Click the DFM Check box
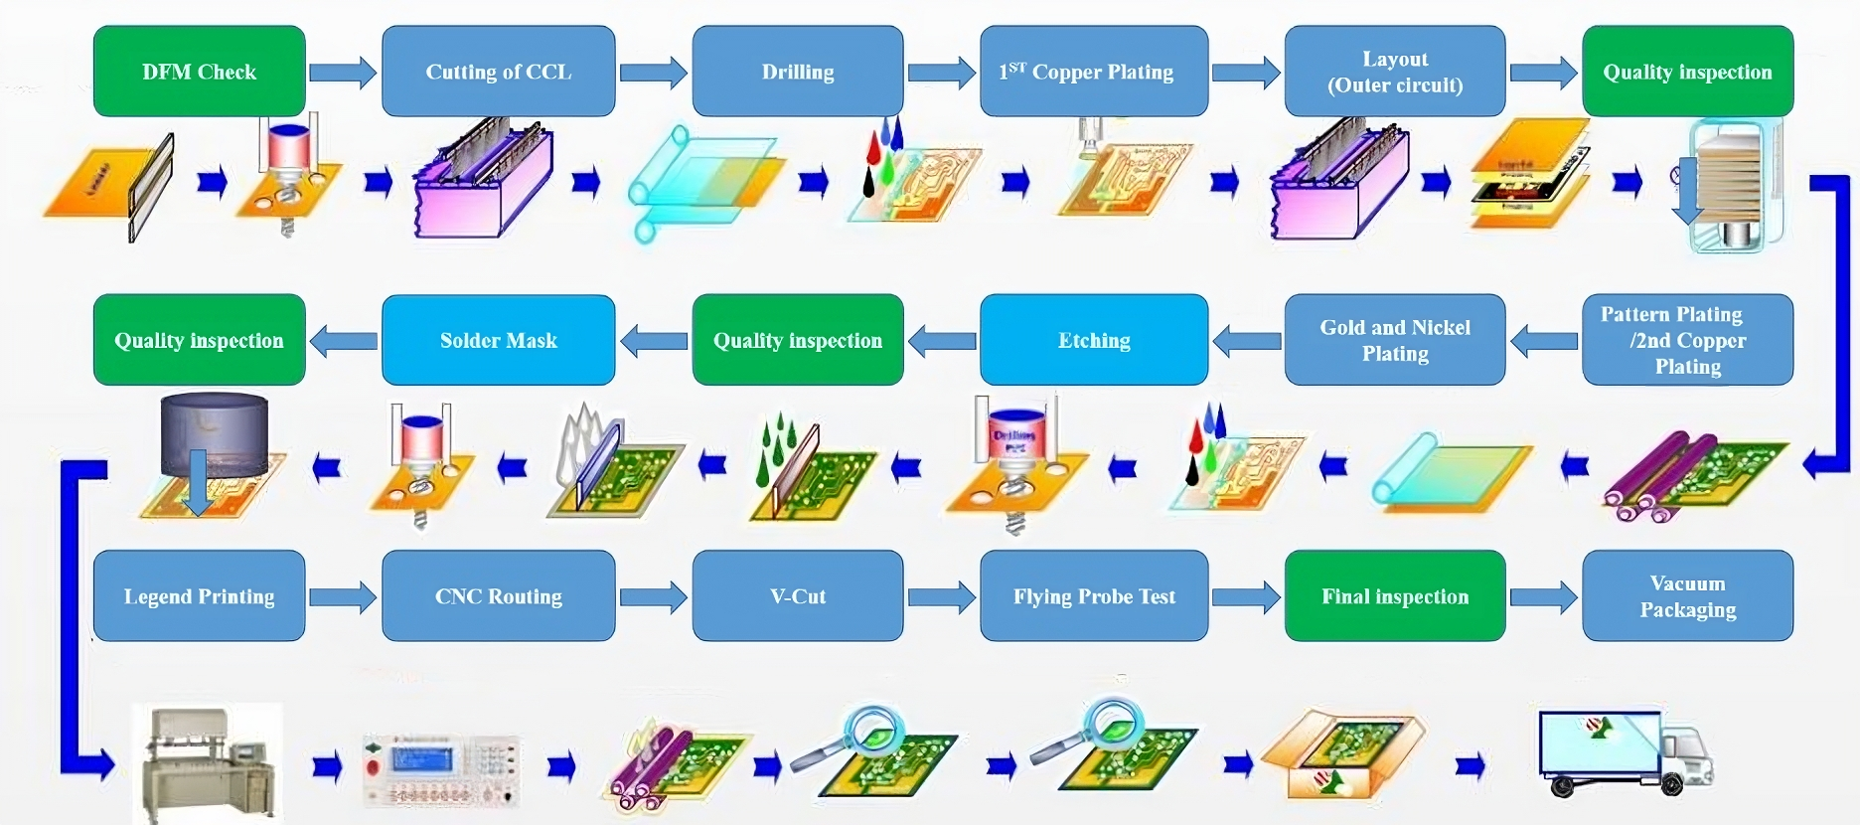(x=199, y=72)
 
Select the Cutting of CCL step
(x=498, y=72)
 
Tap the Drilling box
(x=798, y=72)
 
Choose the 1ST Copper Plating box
(x=1094, y=72)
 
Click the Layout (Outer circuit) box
(x=1395, y=72)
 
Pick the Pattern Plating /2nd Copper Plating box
(x=1687, y=340)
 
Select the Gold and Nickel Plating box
(x=1395, y=340)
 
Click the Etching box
(x=1094, y=340)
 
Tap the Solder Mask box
(x=498, y=340)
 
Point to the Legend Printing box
(x=199, y=596)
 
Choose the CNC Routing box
(x=498, y=596)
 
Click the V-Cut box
(x=798, y=596)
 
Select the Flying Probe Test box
(x=1094, y=596)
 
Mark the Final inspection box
(x=1395, y=596)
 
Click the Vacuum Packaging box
(x=1687, y=596)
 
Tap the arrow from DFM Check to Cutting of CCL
(x=343, y=73)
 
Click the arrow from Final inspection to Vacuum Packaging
(x=1543, y=597)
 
